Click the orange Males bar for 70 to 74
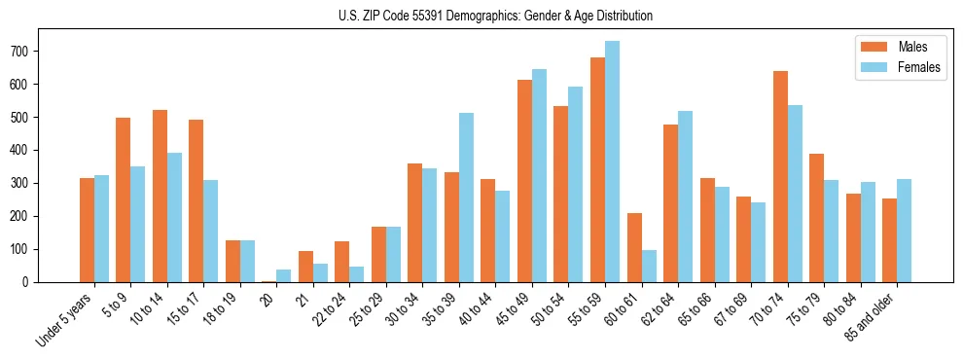pyautogui.click(x=780, y=176)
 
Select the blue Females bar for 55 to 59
pyautogui.click(x=613, y=162)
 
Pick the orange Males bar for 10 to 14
pyautogui.click(x=160, y=196)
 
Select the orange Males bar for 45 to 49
pyautogui.click(x=525, y=181)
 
